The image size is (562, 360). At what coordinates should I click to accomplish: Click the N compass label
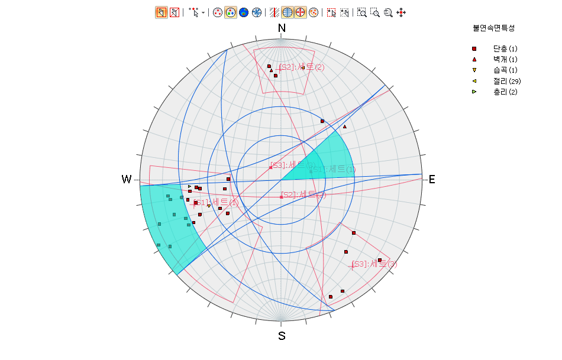(282, 28)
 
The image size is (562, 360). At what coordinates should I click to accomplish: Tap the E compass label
(432, 179)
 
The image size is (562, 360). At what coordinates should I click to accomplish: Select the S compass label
(282, 336)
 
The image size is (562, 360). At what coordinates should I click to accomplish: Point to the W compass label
(127, 179)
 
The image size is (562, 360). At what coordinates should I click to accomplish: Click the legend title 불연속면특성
(493, 28)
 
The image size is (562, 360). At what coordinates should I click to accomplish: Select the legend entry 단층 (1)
(505, 48)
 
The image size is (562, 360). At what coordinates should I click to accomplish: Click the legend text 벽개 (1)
(505, 59)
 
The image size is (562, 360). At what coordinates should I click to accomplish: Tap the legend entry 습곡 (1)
(505, 70)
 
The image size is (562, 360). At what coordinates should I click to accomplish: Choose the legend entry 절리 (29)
(506, 81)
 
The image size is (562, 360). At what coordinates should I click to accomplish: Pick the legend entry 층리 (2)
(505, 92)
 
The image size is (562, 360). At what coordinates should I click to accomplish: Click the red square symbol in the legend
(474, 48)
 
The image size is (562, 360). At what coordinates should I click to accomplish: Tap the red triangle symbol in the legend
(474, 59)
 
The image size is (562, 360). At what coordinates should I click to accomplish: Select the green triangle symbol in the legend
(474, 92)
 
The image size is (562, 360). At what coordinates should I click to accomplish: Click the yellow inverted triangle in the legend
(474, 70)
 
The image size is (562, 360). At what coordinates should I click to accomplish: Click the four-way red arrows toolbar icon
(401, 12)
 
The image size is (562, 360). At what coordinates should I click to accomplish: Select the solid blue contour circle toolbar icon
(243, 12)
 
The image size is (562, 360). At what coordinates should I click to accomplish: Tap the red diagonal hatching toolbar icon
(274, 12)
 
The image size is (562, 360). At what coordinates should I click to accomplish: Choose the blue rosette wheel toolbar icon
(256, 12)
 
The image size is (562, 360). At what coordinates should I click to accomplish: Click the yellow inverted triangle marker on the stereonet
(209, 206)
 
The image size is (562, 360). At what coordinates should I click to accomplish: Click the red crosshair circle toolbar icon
(301, 12)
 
